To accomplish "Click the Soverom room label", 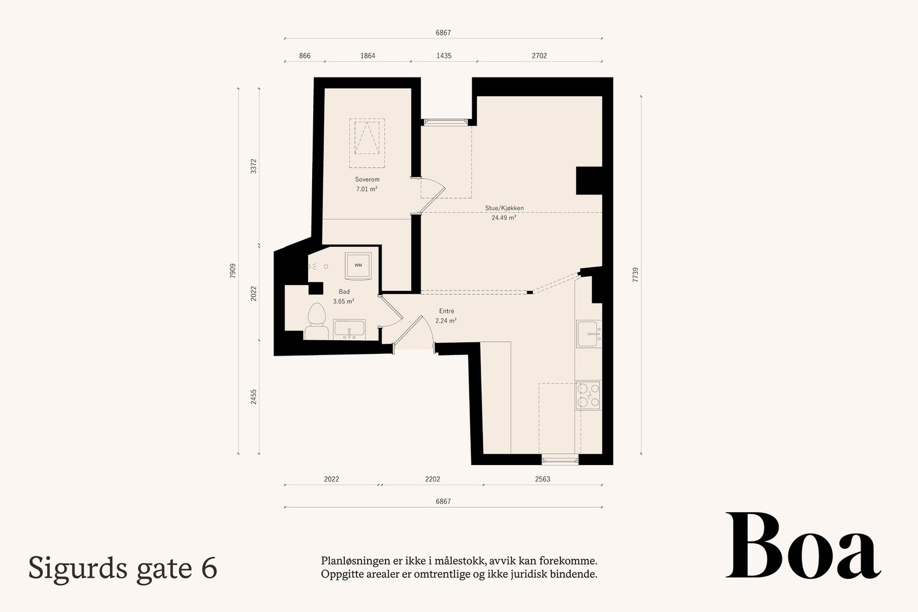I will [367, 180].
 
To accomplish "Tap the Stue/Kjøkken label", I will [504, 208].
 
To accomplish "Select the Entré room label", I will [446, 311].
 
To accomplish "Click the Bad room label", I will [344, 292].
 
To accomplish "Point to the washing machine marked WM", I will [358, 265].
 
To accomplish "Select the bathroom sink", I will [349, 330].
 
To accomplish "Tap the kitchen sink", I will [589, 334].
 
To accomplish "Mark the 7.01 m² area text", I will [367, 188].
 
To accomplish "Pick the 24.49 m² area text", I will [504, 217].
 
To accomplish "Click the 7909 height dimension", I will [232, 271].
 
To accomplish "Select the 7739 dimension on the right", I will [635, 275].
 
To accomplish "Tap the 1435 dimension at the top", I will [444, 56].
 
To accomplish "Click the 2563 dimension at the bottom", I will [542, 479].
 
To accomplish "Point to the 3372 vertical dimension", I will [254, 167].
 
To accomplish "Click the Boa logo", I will [803, 546].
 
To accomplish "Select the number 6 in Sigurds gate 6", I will [209, 568].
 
